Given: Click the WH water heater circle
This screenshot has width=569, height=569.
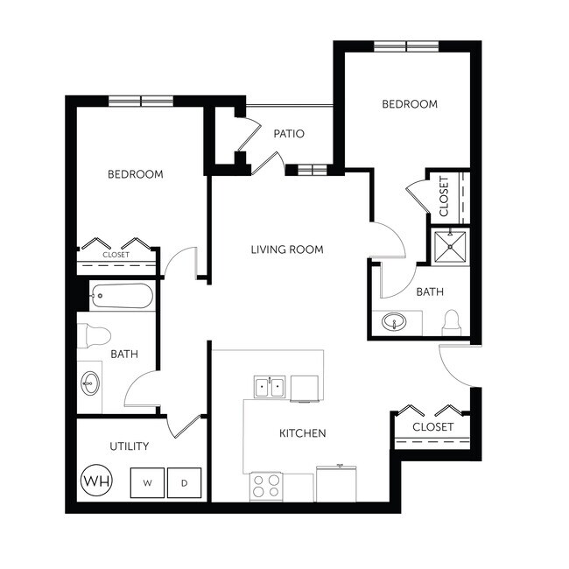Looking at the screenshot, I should tap(95, 481).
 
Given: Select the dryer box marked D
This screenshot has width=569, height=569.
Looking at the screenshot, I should tap(184, 481).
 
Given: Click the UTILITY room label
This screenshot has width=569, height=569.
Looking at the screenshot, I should tap(129, 446).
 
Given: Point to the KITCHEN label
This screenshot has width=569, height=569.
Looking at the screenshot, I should tap(303, 433).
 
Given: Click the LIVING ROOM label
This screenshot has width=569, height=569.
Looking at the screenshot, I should tap(287, 249).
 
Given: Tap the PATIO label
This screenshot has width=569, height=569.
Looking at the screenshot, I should tap(289, 134).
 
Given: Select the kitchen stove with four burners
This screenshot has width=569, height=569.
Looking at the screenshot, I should tap(266, 486).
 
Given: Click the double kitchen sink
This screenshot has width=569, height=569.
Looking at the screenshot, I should tap(270, 386).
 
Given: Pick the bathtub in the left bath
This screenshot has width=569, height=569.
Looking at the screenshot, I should tap(122, 296).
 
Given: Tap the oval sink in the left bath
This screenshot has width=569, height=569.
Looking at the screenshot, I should tap(89, 382).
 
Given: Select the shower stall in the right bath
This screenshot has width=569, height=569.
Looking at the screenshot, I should tap(452, 246).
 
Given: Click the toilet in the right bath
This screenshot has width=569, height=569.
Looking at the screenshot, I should tap(452, 323).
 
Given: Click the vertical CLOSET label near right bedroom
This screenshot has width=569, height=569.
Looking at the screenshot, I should tap(444, 196).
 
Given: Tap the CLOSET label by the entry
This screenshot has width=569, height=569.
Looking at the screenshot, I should tap(433, 427).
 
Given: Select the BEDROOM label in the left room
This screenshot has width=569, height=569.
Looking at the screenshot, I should tap(136, 174).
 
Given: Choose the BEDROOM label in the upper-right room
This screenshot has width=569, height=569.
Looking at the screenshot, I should tap(410, 104).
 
